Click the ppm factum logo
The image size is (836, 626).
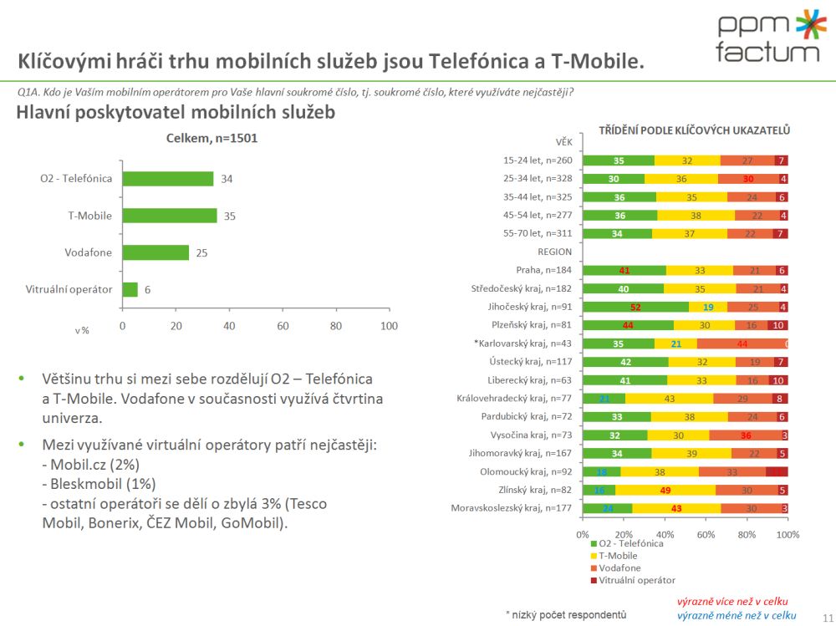click(x=767, y=37)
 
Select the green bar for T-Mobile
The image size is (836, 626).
click(x=170, y=216)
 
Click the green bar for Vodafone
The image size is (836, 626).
click(x=155, y=252)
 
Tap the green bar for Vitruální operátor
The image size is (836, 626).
click(x=130, y=289)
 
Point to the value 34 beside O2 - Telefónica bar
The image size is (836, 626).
click(x=227, y=179)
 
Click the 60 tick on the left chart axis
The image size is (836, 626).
click(x=283, y=326)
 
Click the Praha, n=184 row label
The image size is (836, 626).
click(x=543, y=270)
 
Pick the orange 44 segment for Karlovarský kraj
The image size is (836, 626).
click(x=742, y=344)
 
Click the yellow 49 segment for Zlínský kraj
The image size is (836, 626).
click(x=667, y=490)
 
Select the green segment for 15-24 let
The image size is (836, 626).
click(x=619, y=160)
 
